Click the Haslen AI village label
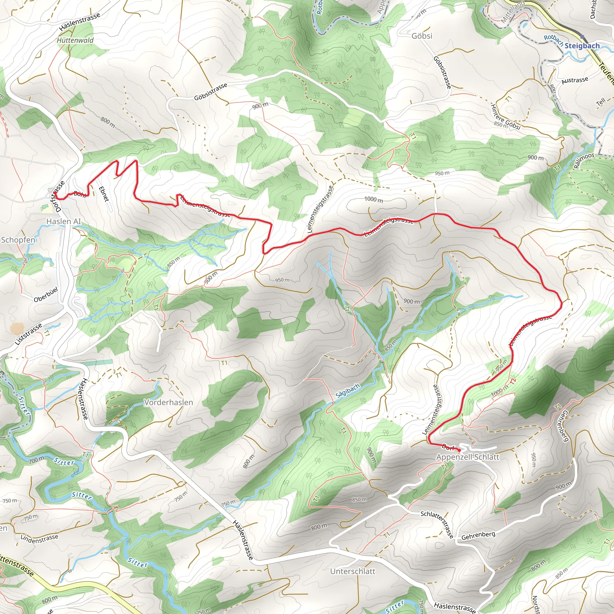[x=64, y=221]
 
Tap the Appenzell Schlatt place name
[x=467, y=457]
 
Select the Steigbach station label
[x=582, y=46]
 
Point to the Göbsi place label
[x=422, y=36]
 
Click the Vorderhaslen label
[x=168, y=402]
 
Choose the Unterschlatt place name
[x=353, y=562]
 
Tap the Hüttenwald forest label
[x=75, y=40]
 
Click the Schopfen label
[x=18, y=240]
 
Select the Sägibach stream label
[x=348, y=390]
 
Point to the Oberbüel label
[x=46, y=295]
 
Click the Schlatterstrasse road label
[x=437, y=524]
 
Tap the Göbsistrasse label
[x=211, y=92]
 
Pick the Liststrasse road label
[x=28, y=334]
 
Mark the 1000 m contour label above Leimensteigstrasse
[x=374, y=199]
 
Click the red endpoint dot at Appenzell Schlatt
[x=459, y=450]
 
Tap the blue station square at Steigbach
[x=582, y=37]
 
